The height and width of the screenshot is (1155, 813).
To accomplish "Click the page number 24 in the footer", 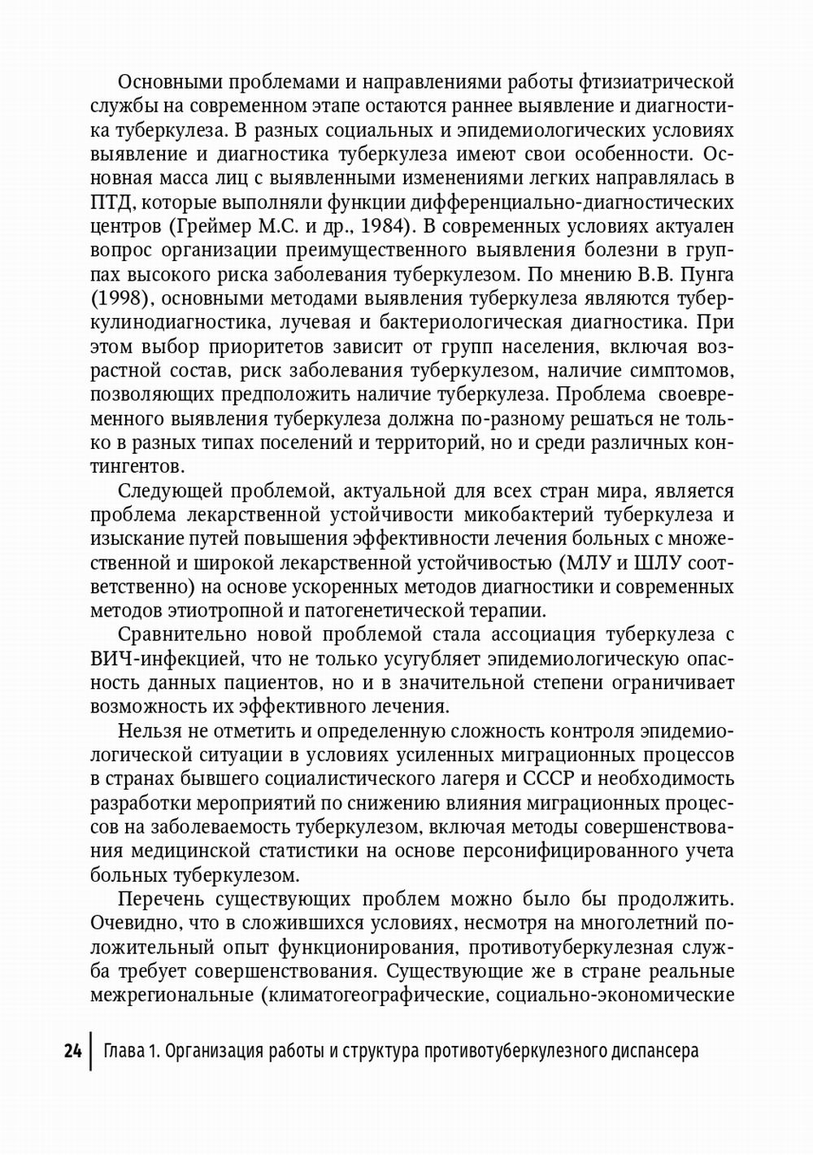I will coord(72,1051).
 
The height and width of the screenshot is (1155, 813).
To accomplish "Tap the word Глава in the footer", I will coord(124,1051).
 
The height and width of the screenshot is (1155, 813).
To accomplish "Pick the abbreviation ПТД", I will coord(110,203).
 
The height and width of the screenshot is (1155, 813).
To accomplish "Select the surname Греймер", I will coord(211,226).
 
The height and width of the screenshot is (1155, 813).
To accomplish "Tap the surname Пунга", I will coord(707,274).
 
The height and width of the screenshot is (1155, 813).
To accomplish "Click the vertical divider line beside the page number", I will coord(92,1051).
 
